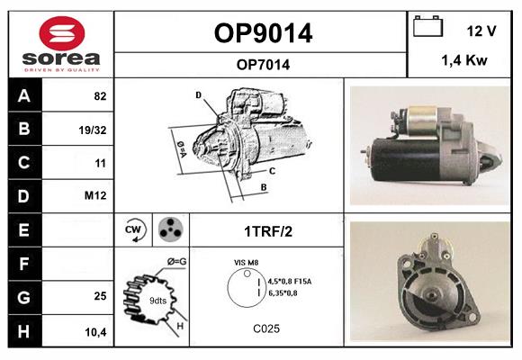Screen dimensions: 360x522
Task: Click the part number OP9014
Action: point(263,33)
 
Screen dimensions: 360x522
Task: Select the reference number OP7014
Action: point(263,64)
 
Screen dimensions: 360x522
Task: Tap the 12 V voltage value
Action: point(481,31)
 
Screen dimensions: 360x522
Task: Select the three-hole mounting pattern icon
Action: point(170,229)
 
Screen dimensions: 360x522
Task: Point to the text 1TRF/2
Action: point(267,230)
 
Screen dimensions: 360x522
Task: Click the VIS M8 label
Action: point(247,262)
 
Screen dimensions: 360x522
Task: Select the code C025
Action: point(266,328)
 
